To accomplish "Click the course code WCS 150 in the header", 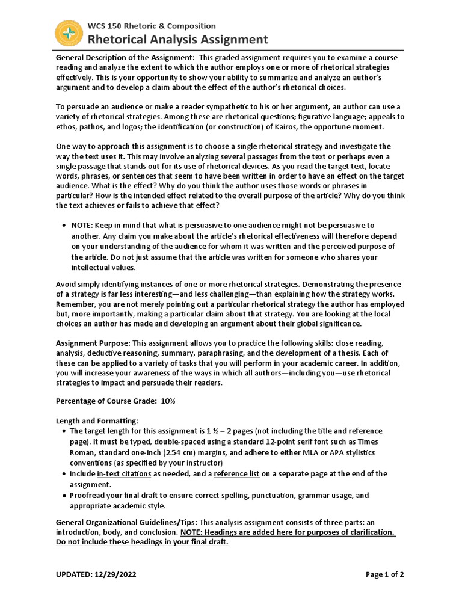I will coord(108,26).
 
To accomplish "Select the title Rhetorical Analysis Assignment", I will coord(178,40).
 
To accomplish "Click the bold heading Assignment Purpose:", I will coord(93,342).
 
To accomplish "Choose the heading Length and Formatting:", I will coord(97,420).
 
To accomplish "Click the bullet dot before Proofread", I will coord(65,496).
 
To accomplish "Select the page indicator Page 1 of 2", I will coord(385,574).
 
